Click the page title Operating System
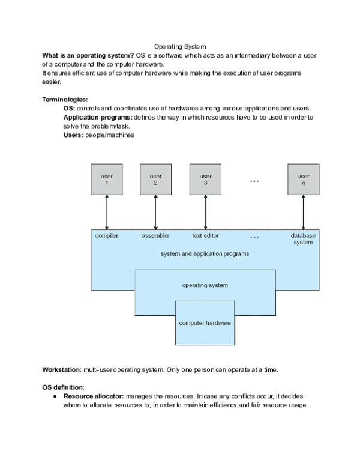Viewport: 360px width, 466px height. click(x=180, y=46)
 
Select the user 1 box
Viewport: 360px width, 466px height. click(x=107, y=179)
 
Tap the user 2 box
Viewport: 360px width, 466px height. click(x=155, y=179)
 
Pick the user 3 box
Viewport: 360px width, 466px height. click(x=205, y=179)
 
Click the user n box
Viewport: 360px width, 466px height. click(x=303, y=179)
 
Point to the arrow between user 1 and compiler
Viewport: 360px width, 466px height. click(x=107, y=212)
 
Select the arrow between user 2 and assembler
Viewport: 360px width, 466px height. click(x=155, y=212)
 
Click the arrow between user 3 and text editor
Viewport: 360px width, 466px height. click(x=205, y=212)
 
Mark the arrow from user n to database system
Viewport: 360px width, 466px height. click(x=303, y=212)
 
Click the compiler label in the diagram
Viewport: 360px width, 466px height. click(x=107, y=236)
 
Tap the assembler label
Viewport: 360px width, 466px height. click(x=155, y=236)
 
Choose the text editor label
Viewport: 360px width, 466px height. click(x=205, y=236)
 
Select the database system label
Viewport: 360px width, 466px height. click(x=303, y=239)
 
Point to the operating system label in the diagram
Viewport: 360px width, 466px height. click(x=205, y=285)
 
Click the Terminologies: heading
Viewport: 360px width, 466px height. click(x=65, y=99)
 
